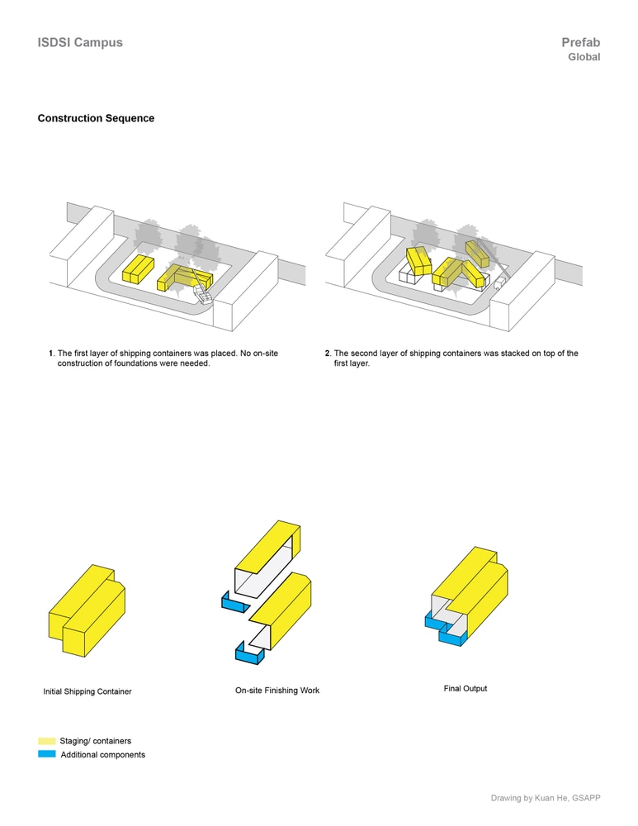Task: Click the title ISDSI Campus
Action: point(80,42)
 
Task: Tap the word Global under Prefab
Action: point(584,58)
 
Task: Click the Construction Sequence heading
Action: point(96,118)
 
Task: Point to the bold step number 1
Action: point(51,354)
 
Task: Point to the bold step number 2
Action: point(328,354)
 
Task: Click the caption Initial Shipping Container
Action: point(87,691)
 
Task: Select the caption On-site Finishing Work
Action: point(277,691)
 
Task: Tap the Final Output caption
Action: point(466,688)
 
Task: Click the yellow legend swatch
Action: point(47,741)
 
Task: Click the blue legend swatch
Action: point(47,754)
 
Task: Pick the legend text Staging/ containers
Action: point(96,741)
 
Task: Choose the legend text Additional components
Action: point(103,755)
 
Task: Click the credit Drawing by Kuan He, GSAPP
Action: point(546,798)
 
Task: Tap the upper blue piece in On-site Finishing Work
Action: point(234,604)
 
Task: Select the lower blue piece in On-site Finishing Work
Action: point(250,656)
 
